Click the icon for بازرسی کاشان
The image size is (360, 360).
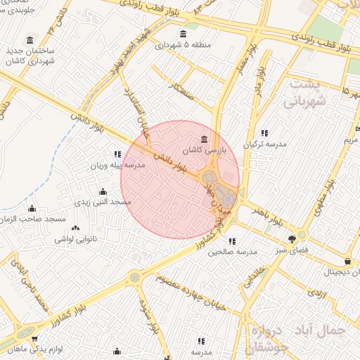[x=204, y=138]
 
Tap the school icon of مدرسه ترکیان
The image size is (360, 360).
[x=264, y=132]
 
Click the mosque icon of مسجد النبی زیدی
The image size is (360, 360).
[x=103, y=191]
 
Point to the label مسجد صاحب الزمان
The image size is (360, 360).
[x=31, y=219]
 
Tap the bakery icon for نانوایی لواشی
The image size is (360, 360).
[x=75, y=228]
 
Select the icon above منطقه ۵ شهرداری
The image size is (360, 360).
[x=184, y=34]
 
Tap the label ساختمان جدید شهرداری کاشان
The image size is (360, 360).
[x=29, y=56]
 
